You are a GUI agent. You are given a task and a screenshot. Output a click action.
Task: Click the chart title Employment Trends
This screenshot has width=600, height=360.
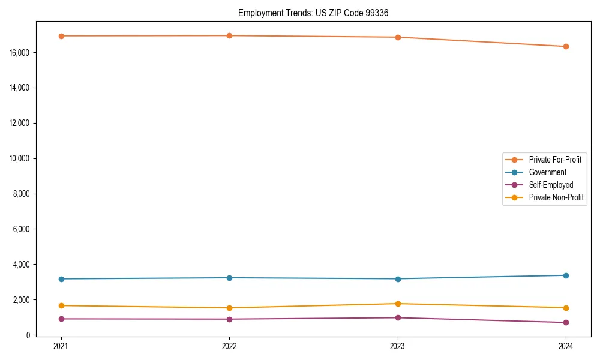317,13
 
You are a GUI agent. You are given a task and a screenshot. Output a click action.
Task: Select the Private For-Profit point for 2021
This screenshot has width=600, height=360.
61,36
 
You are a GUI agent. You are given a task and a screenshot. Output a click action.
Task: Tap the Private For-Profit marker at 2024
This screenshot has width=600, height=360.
566,46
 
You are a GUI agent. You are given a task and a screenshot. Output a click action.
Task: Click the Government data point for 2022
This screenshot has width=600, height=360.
229,278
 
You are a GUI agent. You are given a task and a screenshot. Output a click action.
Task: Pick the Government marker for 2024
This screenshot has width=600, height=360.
566,275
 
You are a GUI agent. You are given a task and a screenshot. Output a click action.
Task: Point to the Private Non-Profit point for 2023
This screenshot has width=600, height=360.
398,304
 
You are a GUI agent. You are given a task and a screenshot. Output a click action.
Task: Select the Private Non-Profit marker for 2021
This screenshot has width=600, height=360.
61,305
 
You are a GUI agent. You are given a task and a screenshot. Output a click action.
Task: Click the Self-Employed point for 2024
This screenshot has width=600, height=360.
566,322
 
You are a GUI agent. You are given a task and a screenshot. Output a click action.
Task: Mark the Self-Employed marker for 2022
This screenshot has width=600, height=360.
229,319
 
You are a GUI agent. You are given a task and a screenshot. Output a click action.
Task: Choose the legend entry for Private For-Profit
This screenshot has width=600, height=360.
554,160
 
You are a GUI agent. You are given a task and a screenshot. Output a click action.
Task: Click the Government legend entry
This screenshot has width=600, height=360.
547,172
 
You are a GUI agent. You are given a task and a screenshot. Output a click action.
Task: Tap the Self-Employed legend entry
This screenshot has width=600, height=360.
551,185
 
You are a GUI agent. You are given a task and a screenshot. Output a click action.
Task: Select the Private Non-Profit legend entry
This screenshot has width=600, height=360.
556,197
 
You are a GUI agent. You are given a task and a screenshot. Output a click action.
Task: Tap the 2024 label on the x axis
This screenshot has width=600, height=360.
566,346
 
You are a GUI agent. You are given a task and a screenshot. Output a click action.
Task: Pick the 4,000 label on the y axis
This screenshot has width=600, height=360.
22,265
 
